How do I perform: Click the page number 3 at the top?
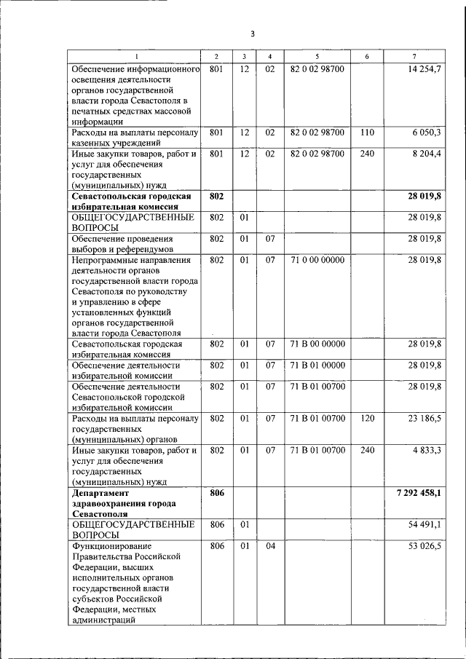252,33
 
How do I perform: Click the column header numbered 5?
317,57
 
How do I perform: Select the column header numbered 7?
414,57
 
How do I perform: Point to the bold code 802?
216,197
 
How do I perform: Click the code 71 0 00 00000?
317,259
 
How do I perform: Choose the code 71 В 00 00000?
317,344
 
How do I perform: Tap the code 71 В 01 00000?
317,365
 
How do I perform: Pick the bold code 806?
216,493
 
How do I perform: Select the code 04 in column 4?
269,546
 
